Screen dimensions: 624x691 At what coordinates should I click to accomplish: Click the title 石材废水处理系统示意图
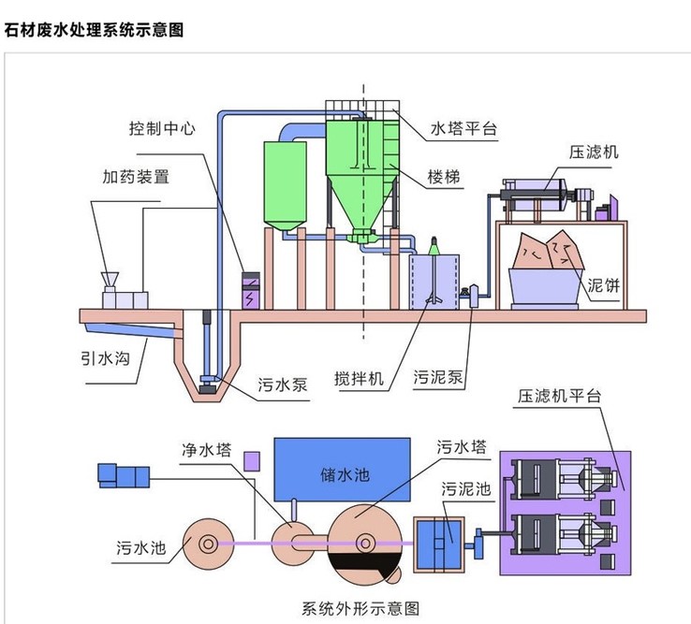93,30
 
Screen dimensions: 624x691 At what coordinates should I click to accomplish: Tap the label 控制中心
163,128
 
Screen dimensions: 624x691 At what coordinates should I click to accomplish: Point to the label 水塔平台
463,128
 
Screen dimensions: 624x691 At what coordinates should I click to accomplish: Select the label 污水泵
280,384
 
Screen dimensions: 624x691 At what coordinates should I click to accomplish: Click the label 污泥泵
439,380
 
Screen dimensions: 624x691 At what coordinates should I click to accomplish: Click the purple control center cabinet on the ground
250,290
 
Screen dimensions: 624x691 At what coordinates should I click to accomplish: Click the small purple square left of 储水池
250,460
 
